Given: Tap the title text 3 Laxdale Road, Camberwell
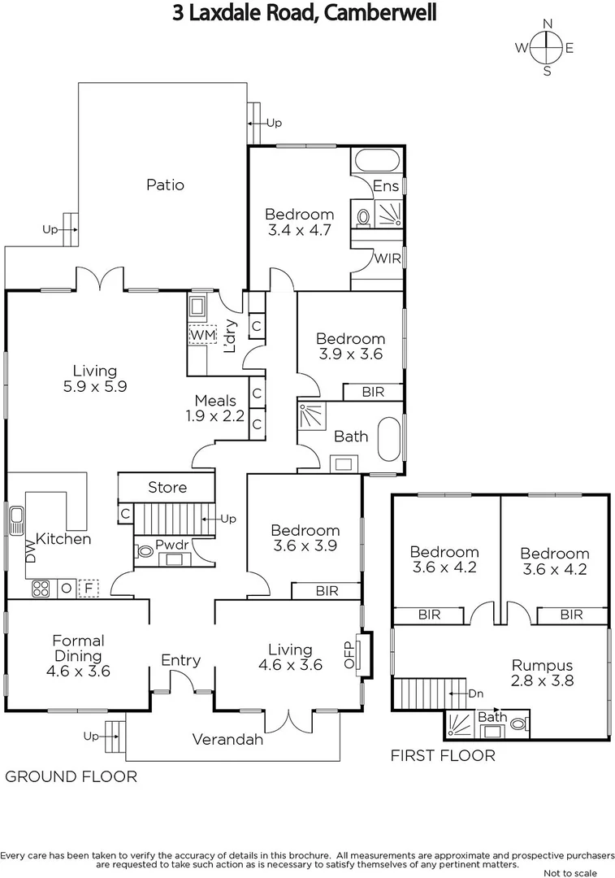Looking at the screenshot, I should [304, 14].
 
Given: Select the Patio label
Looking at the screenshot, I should [165, 185].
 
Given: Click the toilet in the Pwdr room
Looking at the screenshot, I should [146, 551].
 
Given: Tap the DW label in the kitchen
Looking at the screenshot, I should [31, 554].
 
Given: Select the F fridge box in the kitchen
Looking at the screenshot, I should [87, 588].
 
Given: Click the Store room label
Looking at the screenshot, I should [167, 487].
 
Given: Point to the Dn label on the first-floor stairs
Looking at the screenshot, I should [478, 693].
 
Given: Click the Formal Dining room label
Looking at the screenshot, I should [78, 656].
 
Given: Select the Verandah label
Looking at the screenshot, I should [227, 739].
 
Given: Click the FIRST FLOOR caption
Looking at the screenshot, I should [443, 756].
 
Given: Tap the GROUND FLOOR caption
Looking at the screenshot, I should [71, 776].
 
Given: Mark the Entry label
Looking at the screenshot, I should [180, 660].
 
